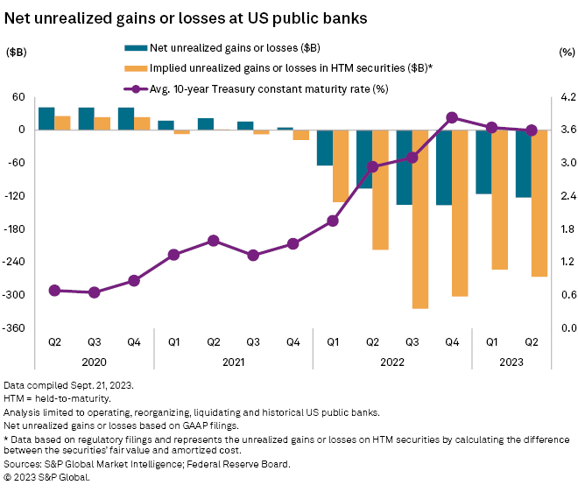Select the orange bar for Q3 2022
(420, 219)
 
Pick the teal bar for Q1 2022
(325, 147)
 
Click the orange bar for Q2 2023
(539, 203)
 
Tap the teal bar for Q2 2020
(46, 118)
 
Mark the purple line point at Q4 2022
(452, 117)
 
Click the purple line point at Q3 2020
(94, 292)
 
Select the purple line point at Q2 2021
(214, 240)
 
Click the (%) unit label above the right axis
(565, 53)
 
